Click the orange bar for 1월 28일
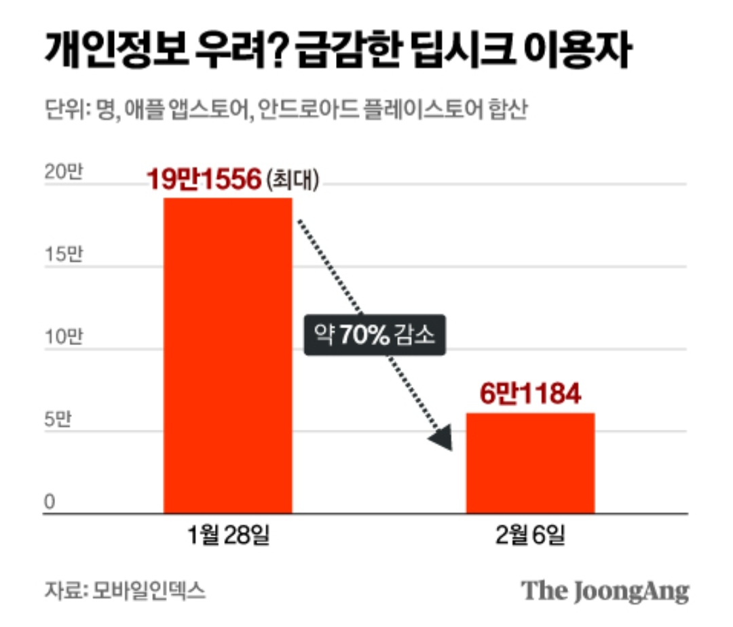pyautogui.click(x=228, y=355)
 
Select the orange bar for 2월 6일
pyautogui.click(x=530, y=463)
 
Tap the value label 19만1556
pyautogui.click(x=204, y=180)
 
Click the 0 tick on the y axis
pyautogui.click(x=50, y=502)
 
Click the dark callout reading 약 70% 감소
pyautogui.click(x=375, y=334)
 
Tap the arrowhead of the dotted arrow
pyautogui.click(x=443, y=439)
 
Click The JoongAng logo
pyautogui.click(x=605, y=591)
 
